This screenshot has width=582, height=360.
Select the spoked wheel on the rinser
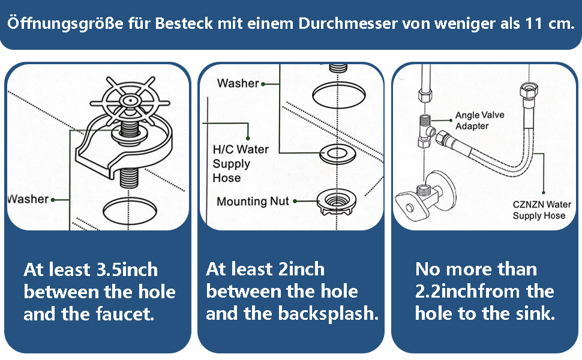130,100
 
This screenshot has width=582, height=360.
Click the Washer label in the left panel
28,199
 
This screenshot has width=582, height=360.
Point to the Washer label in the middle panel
238,83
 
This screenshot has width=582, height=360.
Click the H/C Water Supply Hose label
241,163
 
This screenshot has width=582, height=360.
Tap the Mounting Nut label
253,202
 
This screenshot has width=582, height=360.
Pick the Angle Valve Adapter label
480,121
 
